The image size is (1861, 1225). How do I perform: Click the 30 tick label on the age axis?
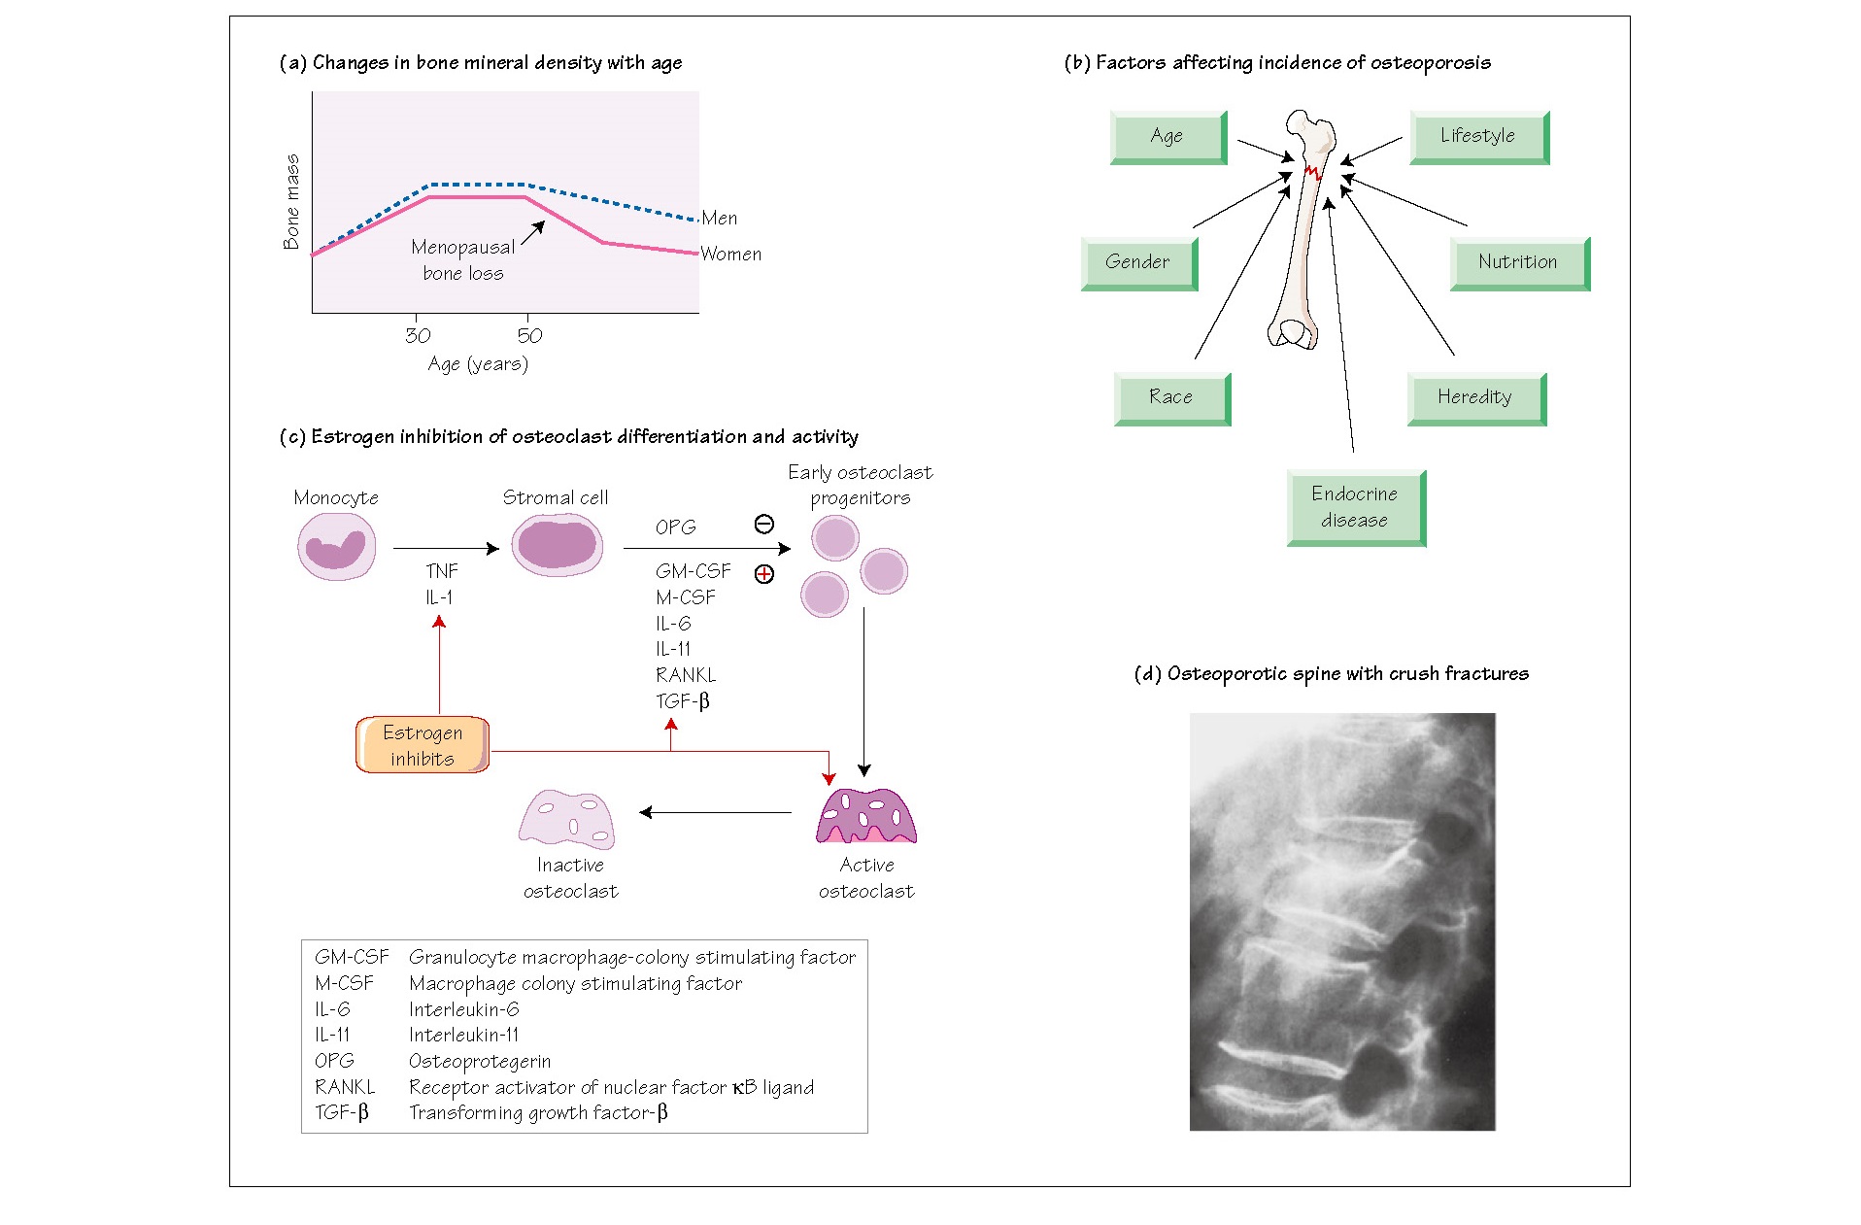[x=418, y=335]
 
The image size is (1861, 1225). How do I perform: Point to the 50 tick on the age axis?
[x=529, y=335]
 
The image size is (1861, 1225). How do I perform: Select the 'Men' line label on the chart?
[x=720, y=219]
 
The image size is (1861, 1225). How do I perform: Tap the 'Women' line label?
[x=731, y=255]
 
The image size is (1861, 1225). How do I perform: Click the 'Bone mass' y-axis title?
[x=291, y=201]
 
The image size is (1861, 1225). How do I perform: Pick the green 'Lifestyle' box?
[x=1478, y=137]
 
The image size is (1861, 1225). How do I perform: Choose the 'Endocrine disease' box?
[x=1356, y=507]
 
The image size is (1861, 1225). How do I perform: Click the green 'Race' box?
[x=1171, y=397]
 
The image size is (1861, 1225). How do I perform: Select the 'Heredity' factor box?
[x=1475, y=397]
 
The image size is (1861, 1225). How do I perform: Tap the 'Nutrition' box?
[x=1519, y=262]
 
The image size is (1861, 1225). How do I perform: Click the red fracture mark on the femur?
[x=1313, y=173]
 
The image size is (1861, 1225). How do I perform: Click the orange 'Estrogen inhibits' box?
[x=423, y=745]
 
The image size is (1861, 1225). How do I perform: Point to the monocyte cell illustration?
[x=336, y=547]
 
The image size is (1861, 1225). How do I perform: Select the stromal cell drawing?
[x=557, y=544]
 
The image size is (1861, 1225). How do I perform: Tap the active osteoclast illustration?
[x=866, y=816]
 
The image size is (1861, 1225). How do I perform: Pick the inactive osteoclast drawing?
[x=567, y=820]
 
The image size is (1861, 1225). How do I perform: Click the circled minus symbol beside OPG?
[x=764, y=525]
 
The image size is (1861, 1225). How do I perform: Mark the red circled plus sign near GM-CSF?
[x=764, y=574]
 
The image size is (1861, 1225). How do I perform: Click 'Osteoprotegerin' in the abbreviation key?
[x=480, y=1061]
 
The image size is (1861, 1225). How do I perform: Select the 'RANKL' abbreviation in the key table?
[x=345, y=1087]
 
